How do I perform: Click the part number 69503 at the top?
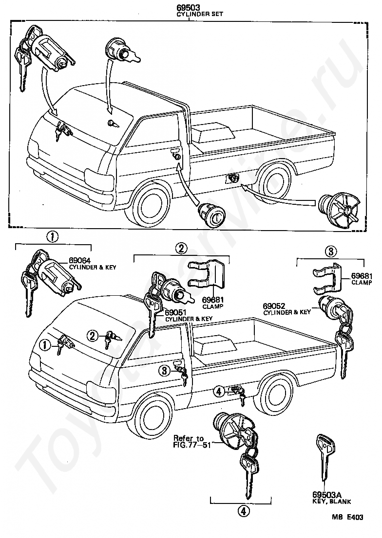tap(189, 7)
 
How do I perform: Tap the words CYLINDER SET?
tap(200, 14)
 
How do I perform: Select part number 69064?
tap(79, 261)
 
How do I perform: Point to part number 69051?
tap(175, 313)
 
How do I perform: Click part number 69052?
tap(274, 305)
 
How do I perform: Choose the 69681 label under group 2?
tap(213, 300)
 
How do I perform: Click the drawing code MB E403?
tap(347, 517)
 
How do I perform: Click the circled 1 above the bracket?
tap(53, 236)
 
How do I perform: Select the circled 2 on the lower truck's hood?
tap(92, 336)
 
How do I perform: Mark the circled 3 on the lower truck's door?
tap(165, 371)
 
